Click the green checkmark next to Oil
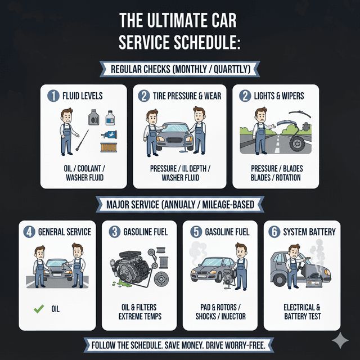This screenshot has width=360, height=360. [x=38, y=309]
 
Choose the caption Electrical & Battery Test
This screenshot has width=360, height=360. [x=303, y=312]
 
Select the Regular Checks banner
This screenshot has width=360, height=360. [x=180, y=70]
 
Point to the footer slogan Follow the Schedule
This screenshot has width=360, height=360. [x=180, y=344]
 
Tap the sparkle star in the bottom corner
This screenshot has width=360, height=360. [x=340, y=340]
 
